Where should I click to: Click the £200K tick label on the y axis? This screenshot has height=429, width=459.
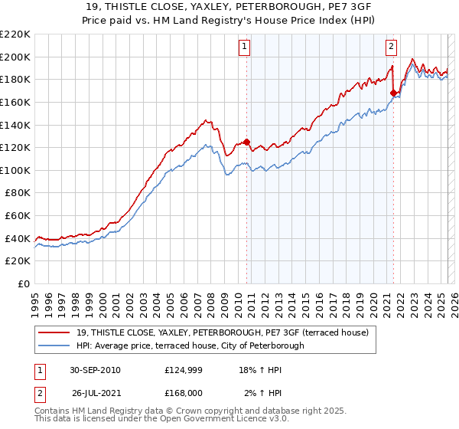click(15, 57)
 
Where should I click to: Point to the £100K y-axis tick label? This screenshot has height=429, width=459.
click(15, 170)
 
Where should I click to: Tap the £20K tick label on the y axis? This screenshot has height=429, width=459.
click(18, 261)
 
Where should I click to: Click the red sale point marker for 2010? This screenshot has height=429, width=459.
click(246, 142)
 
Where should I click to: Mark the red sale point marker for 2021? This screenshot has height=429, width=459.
click(393, 93)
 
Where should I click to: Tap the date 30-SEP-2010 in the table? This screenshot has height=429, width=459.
click(95, 370)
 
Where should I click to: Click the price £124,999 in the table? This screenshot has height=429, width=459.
click(184, 370)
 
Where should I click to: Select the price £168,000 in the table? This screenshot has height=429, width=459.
click(184, 393)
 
